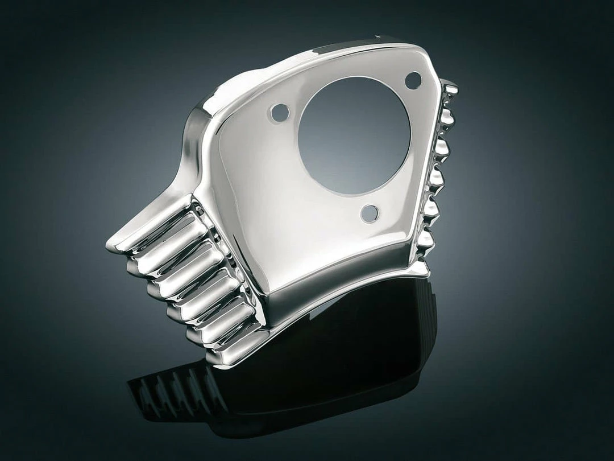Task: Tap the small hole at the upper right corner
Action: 413,80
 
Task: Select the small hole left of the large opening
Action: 280,113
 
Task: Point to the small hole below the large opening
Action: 369,213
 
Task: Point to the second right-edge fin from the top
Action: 447,120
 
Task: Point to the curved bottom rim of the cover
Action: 341,290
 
